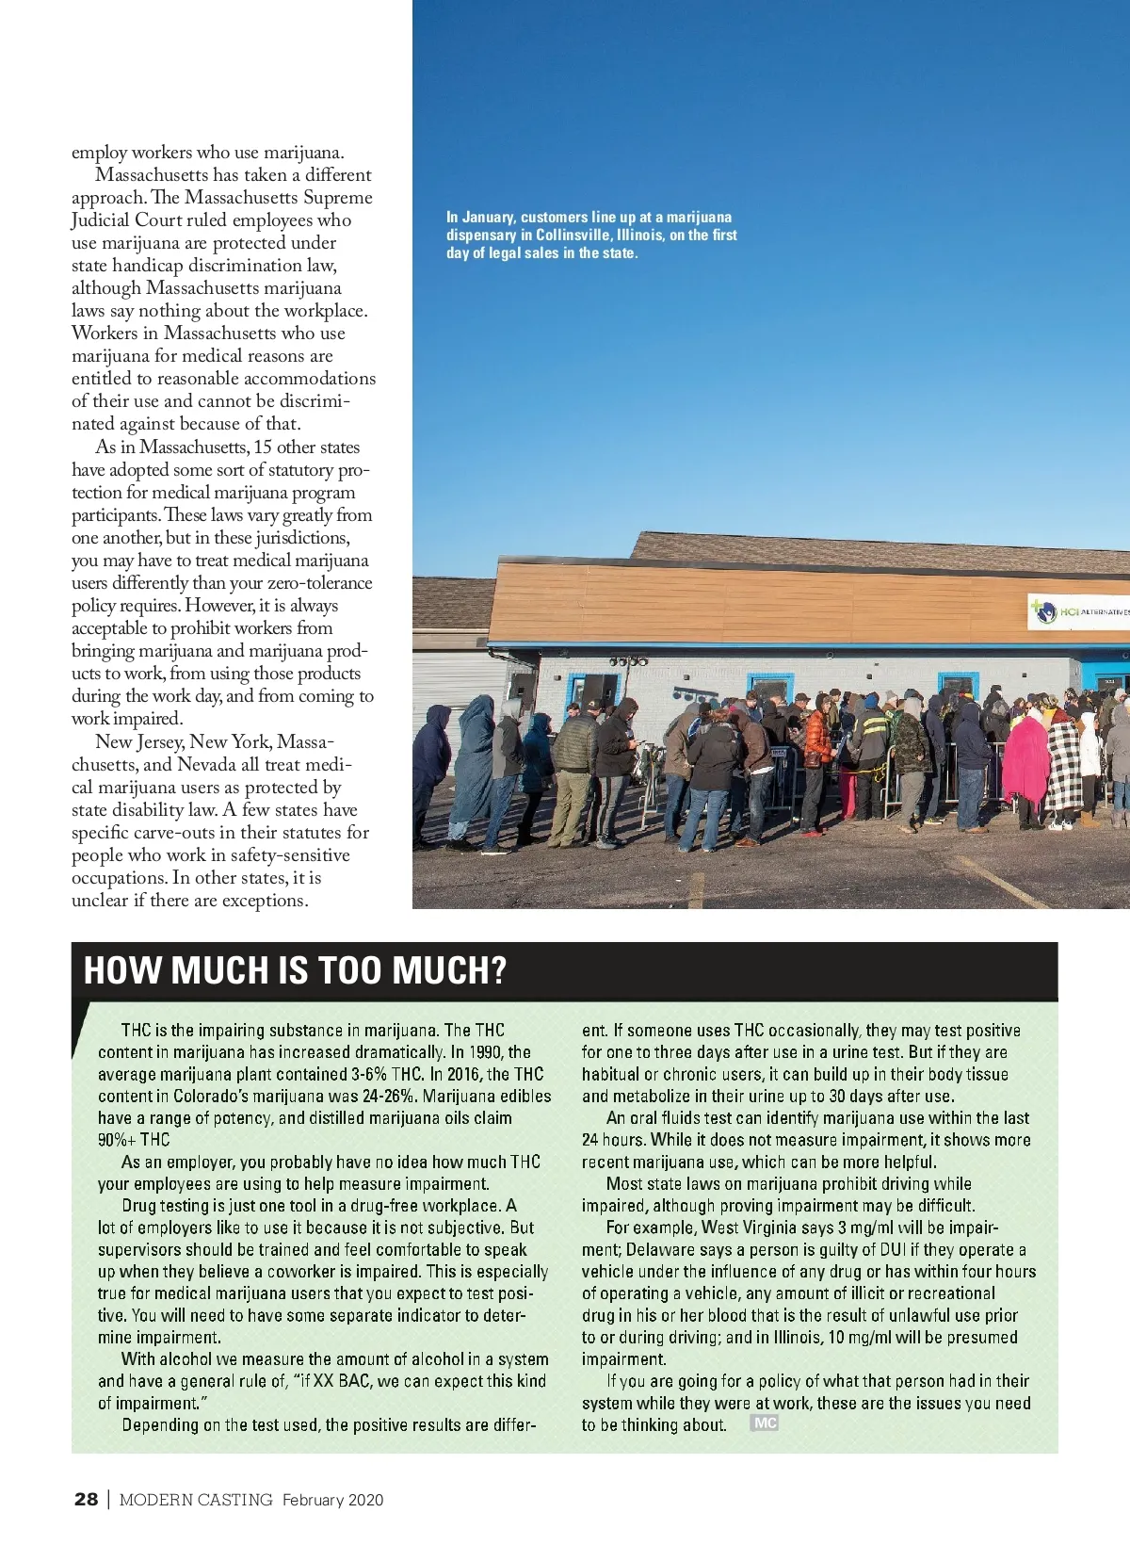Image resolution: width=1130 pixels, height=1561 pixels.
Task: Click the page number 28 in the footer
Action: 86,1499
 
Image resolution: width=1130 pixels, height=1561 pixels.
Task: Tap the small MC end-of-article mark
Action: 765,1423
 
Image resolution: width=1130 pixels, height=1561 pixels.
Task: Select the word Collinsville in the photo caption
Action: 573,235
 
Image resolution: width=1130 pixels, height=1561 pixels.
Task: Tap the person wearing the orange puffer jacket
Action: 816,744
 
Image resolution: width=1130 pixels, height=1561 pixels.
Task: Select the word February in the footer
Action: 314,1500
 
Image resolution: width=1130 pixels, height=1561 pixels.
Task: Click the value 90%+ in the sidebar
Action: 117,1140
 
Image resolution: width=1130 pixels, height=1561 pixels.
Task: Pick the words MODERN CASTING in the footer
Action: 196,1500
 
